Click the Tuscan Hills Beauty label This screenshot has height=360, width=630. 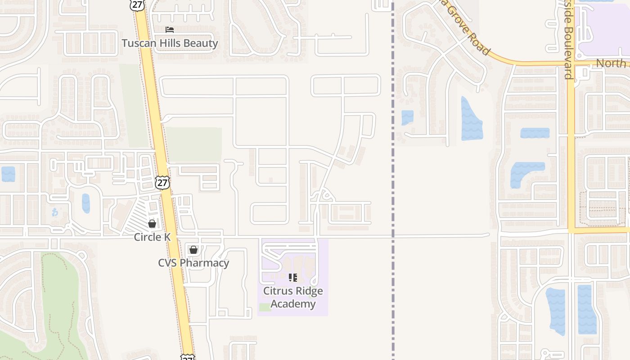point(170,43)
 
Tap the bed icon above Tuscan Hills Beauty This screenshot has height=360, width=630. point(170,30)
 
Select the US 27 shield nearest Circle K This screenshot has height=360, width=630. point(162,182)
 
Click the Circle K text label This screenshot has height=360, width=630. point(152,237)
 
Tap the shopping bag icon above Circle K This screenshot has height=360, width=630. point(152,223)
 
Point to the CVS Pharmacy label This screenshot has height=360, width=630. point(193,263)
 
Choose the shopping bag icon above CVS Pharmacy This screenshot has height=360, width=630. point(193,249)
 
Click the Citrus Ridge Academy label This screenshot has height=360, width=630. point(293,297)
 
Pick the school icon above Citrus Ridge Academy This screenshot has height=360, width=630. point(293,277)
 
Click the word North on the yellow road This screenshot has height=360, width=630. point(611,63)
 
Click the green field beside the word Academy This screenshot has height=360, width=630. point(265,307)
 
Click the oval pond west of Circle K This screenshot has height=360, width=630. point(86,203)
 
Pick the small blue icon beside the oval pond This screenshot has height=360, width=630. point(55,212)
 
